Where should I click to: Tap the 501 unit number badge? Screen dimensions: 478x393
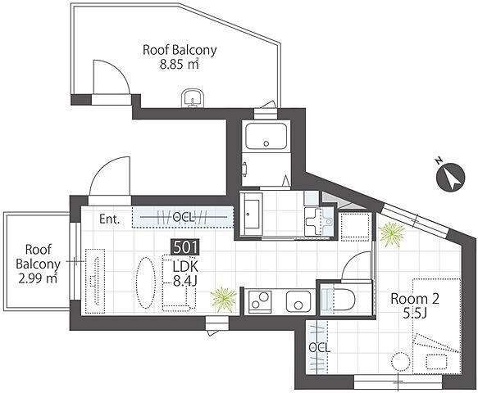tap(185, 247)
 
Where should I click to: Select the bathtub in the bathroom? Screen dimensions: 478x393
tap(266, 136)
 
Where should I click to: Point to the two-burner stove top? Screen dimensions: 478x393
tap(260, 300)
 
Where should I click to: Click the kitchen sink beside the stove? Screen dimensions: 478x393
tap(298, 300)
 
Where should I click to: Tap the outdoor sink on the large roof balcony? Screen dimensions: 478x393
tap(193, 98)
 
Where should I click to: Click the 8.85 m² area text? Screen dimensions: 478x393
tap(180, 65)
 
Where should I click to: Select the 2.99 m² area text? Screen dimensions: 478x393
tap(38, 278)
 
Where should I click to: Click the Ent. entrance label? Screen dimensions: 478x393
tap(110, 219)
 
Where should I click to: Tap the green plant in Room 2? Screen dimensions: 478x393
tap(391, 233)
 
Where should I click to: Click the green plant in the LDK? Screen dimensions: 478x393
tap(224, 299)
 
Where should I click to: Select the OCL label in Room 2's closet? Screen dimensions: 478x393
tap(319, 348)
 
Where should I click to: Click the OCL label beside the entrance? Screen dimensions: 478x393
tap(183, 217)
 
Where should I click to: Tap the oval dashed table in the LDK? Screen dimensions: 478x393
tap(145, 283)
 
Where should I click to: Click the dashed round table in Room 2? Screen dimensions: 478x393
tap(400, 362)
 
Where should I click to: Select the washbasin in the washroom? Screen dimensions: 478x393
tap(251, 214)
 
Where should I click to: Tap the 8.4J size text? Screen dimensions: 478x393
tap(185, 281)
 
